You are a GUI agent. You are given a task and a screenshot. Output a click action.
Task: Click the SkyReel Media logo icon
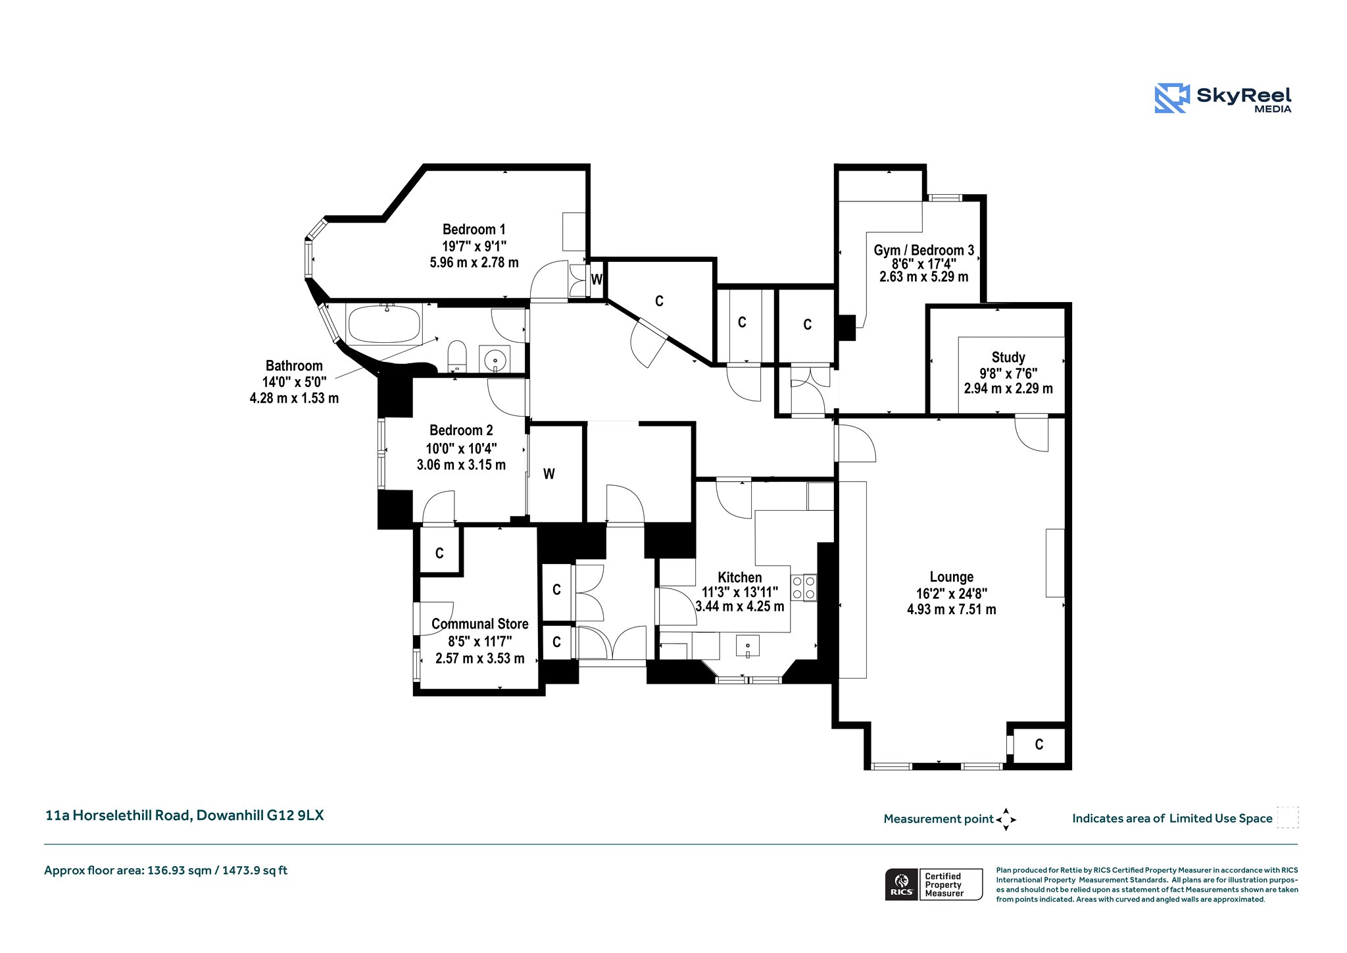click(x=1172, y=99)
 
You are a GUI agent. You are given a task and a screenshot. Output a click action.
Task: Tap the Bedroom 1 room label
click(x=474, y=230)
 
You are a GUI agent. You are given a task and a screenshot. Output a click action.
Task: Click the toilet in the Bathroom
click(x=457, y=356)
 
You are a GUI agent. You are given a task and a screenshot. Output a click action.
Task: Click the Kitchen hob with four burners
click(x=804, y=588)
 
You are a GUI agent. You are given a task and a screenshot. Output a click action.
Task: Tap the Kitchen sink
click(x=748, y=646)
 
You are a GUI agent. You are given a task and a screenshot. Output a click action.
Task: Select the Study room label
click(x=1008, y=357)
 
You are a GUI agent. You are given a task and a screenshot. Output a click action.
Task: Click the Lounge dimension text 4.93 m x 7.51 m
click(x=952, y=609)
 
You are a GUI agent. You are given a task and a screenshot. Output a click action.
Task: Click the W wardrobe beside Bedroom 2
click(x=549, y=474)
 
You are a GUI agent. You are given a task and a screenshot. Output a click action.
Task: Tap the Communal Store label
click(x=480, y=624)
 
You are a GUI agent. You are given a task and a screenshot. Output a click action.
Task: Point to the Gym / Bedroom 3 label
click(x=924, y=250)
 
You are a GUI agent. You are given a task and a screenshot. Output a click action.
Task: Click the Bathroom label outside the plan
click(x=294, y=366)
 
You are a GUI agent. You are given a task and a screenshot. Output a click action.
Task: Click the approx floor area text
click(x=166, y=871)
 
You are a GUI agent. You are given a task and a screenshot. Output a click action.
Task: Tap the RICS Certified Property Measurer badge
click(x=934, y=885)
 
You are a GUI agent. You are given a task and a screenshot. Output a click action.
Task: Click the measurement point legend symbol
click(x=1006, y=819)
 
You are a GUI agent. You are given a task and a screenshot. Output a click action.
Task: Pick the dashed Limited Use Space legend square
click(x=1287, y=817)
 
